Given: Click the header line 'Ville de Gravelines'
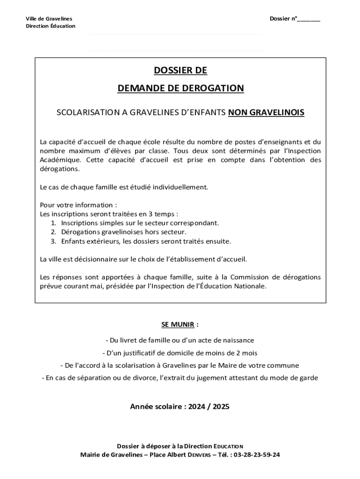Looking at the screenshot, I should pos(49,19).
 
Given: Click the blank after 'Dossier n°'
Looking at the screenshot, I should pos(309,19).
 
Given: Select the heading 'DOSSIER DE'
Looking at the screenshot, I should pos(180,71).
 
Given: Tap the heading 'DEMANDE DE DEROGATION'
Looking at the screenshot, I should pos(180,88).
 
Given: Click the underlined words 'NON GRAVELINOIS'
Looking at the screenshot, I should pos(266,113).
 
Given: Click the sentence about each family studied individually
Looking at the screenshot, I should pos(124,187).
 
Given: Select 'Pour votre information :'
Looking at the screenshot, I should pos(78,205).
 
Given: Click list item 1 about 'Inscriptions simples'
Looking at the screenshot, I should pos(139,223).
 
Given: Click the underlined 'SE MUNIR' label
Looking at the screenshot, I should pos(178,324).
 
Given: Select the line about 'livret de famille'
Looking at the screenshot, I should pos(180,340).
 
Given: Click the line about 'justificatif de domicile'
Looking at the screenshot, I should pos(180,353).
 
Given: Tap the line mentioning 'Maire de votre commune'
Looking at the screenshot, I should pos(180,365).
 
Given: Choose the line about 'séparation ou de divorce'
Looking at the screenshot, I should pos(180,378).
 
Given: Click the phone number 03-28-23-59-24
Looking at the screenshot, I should pos(257,454).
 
